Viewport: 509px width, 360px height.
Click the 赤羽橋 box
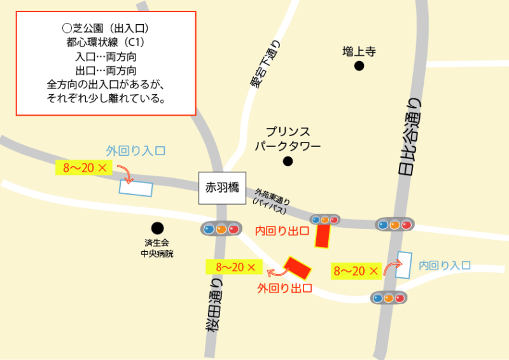[x=222, y=188]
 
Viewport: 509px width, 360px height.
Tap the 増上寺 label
[x=359, y=52]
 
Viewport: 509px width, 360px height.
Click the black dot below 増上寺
[x=359, y=66]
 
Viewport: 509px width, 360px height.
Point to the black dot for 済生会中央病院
[x=157, y=228]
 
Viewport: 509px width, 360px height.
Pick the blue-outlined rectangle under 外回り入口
[x=136, y=188]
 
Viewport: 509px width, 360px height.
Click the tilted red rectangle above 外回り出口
[x=298, y=267]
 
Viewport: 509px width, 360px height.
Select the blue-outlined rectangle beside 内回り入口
[x=403, y=265]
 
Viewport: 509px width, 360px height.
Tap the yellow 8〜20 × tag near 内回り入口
[x=356, y=271]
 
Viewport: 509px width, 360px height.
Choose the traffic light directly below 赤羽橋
[x=220, y=228]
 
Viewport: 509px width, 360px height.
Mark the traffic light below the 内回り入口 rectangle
[x=389, y=297]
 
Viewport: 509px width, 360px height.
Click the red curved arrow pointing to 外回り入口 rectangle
[x=124, y=172]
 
